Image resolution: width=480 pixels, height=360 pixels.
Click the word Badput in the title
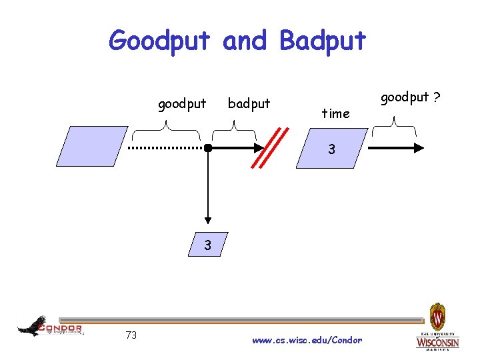(x=323, y=41)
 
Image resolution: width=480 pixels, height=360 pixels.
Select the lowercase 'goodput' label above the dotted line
(x=182, y=104)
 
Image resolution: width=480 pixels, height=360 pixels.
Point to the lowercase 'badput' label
(x=249, y=104)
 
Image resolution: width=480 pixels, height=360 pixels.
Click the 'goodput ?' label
(x=410, y=97)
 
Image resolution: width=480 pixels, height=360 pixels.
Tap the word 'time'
(x=335, y=113)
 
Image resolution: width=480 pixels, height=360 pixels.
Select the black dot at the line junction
(x=208, y=147)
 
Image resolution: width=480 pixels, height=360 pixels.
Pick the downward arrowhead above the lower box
(x=208, y=220)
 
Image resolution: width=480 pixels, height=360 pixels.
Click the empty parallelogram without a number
(x=92, y=146)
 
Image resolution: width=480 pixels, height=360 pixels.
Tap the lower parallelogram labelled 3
(x=208, y=245)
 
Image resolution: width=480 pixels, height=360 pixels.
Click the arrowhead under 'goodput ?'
(x=420, y=147)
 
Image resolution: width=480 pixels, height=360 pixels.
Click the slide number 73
(x=131, y=335)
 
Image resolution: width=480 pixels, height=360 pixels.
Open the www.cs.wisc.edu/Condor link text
(x=307, y=340)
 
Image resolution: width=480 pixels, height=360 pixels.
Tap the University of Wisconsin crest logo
(x=437, y=315)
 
